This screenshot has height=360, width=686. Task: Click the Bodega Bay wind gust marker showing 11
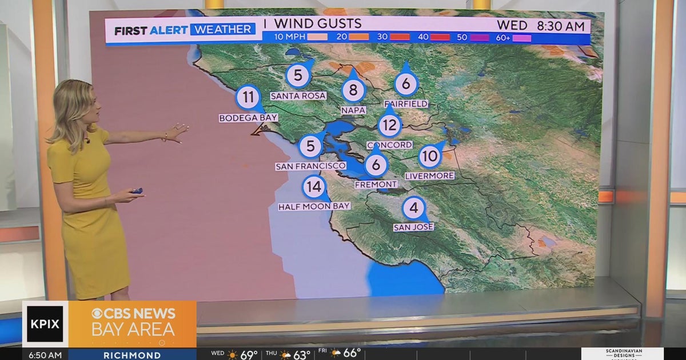[x=248, y=97]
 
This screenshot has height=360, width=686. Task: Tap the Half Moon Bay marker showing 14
[x=314, y=186]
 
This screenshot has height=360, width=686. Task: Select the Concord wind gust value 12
[x=390, y=125]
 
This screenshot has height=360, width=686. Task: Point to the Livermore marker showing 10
[x=430, y=155]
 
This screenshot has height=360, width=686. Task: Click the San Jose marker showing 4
[x=414, y=208]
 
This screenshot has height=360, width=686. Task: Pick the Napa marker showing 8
[x=353, y=90]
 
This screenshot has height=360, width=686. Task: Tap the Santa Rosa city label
[x=298, y=96]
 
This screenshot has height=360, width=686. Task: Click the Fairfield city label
[x=406, y=103]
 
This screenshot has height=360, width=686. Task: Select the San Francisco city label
[x=310, y=166]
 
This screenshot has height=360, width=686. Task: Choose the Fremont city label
[x=376, y=184]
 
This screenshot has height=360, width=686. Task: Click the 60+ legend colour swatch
[x=522, y=38]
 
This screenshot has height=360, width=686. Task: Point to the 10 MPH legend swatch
[x=318, y=37]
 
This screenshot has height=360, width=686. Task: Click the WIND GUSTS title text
[x=317, y=23]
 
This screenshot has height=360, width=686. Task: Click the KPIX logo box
[x=45, y=324]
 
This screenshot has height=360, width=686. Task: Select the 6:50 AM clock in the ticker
[x=45, y=355]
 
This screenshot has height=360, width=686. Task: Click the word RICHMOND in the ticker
[x=132, y=355]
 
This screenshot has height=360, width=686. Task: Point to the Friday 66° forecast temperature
[x=352, y=354]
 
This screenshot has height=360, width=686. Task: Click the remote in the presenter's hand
[x=137, y=191]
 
